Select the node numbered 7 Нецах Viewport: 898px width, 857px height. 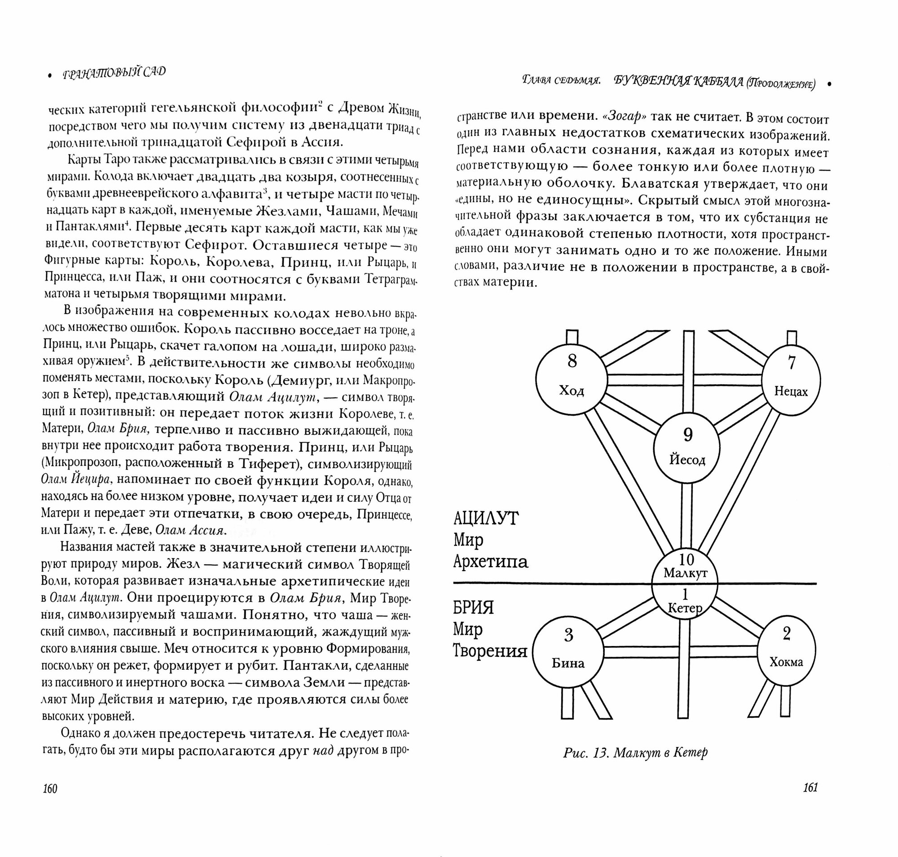[791, 380]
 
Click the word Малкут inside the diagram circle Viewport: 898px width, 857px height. [686, 573]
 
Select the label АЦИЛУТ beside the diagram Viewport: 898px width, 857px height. [486, 519]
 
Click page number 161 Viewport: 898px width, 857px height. [810, 787]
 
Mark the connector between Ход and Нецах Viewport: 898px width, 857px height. [684, 380]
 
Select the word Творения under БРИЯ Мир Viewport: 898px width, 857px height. [490, 651]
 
